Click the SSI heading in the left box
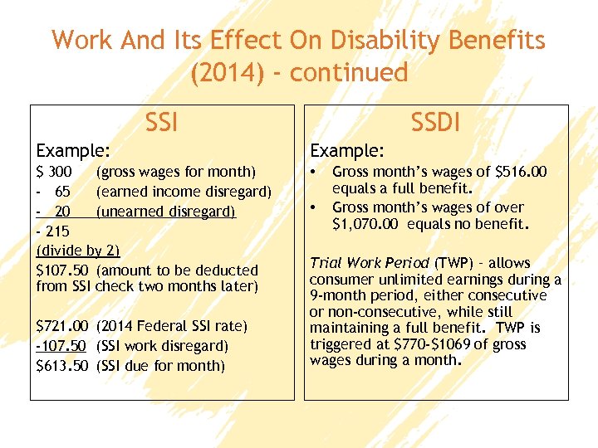coord(161,124)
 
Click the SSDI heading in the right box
coord(437,124)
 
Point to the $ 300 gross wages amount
coord(55,172)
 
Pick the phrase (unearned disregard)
coord(166,212)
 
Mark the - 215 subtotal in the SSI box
coord(54,231)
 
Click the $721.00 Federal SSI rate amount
coord(63,326)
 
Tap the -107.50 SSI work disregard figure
coord(63,346)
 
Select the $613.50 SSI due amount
coord(63,366)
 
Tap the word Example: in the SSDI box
coord(346,151)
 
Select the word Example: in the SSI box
coord(73,151)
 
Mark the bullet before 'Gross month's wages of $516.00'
coord(313,173)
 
